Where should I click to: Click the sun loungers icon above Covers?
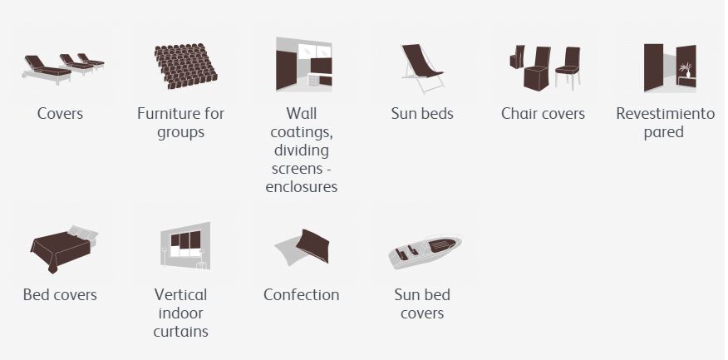coord(63,69)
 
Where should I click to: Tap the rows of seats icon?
coord(185,67)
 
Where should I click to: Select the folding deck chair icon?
coord(422,68)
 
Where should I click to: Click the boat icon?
coord(425,251)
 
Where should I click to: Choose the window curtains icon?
coord(185,245)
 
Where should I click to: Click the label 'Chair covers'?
coord(543,114)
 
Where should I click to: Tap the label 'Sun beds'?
coord(422,114)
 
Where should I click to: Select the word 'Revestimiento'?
coord(665,114)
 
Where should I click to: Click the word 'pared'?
coord(663,132)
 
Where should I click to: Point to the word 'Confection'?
coord(302,295)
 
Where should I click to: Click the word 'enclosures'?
coord(302,187)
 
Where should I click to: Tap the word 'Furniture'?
coord(168,114)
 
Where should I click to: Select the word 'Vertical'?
coord(180,295)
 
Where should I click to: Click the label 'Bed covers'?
coord(60,295)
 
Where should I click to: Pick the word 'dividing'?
coord(302,151)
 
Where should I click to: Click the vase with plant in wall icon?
coord(686,70)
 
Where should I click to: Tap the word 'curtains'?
coord(180,332)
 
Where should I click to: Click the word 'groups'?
coord(180,133)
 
